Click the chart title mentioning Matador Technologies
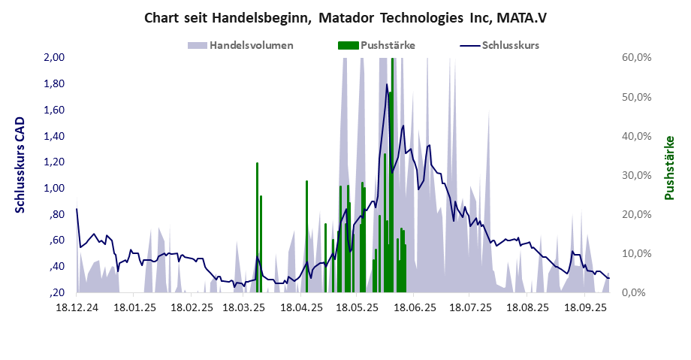(x=345, y=17)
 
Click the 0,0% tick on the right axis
(x=639, y=292)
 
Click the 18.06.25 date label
(x=415, y=308)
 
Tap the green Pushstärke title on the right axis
(x=668, y=168)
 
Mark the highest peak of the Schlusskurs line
(x=387, y=84)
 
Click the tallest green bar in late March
(x=257, y=225)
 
